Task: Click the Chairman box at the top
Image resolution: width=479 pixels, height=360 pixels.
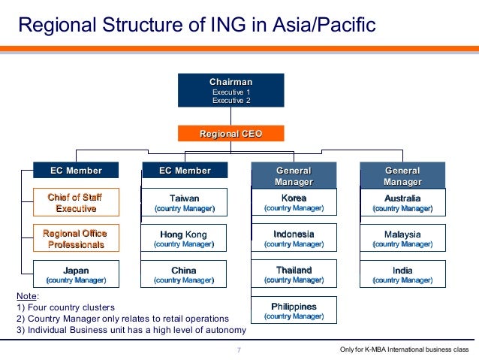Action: pyautogui.click(x=230, y=90)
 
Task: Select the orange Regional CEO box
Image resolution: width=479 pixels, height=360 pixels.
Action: pyautogui.click(x=230, y=134)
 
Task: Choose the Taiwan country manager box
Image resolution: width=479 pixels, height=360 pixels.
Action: pyautogui.click(x=184, y=202)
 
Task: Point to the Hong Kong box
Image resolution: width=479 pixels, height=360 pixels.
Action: pyautogui.click(x=184, y=238)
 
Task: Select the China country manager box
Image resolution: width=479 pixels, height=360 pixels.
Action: pyautogui.click(x=184, y=274)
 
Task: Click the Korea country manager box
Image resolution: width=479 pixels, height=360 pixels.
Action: pyautogui.click(x=294, y=202)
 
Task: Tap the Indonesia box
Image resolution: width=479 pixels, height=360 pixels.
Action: pyautogui.click(x=294, y=238)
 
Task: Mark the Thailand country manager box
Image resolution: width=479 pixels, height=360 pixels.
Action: pyautogui.click(x=294, y=274)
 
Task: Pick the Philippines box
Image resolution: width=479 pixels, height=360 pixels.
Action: pyautogui.click(x=294, y=310)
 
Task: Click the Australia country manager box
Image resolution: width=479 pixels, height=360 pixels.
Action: pyautogui.click(x=402, y=202)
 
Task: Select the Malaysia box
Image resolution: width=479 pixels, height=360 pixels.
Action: pyautogui.click(x=402, y=238)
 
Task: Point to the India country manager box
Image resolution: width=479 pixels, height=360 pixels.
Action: pyautogui.click(x=402, y=274)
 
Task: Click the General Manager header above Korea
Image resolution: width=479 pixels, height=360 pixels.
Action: pyautogui.click(x=294, y=176)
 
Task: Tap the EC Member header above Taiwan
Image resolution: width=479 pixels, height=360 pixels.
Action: pyautogui.click(x=185, y=171)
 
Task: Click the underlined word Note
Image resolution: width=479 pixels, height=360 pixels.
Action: pyautogui.click(x=26, y=297)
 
